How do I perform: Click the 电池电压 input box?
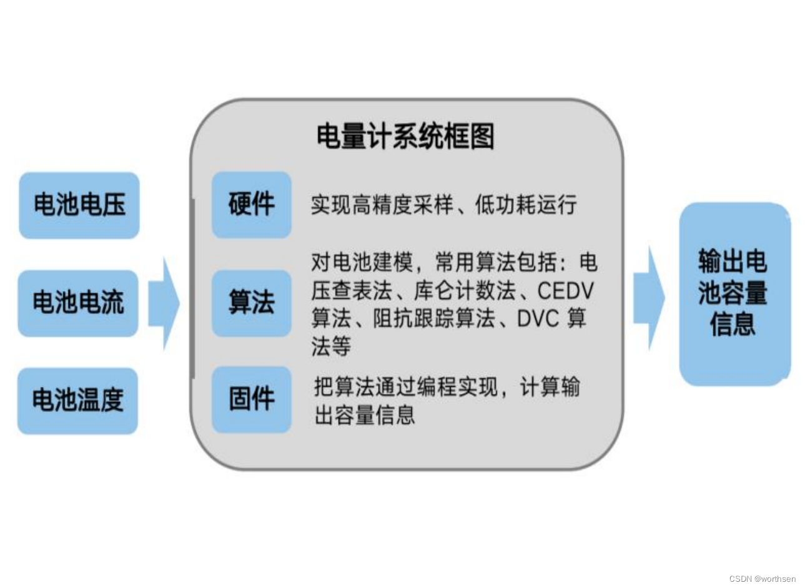[79, 205]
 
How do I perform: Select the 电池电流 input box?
[78, 303]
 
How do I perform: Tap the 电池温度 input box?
[77, 401]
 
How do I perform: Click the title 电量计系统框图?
[405, 137]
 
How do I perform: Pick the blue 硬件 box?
[252, 205]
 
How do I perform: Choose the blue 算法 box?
[252, 303]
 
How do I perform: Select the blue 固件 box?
[252, 399]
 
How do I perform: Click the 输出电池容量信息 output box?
[734, 293]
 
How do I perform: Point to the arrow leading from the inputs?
[164, 303]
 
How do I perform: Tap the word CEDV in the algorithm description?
[565, 291]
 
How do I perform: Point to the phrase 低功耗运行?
[526, 205]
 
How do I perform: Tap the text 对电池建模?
[362, 263]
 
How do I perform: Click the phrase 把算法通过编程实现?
[406, 387]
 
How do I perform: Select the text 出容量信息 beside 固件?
[365, 415]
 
